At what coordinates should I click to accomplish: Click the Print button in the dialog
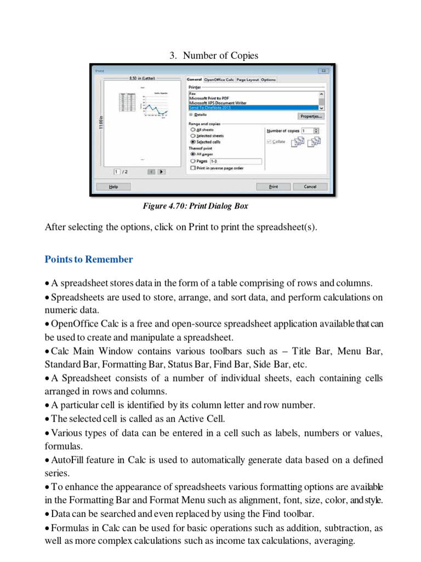tap(273, 187)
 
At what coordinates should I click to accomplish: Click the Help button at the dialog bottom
tap(113, 187)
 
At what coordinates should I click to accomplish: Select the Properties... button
tap(311, 116)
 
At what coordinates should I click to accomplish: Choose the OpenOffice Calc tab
tap(219, 80)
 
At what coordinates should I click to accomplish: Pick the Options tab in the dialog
tap(268, 80)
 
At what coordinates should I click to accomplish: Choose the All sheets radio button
tap(192, 130)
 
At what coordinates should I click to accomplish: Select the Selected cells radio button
tap(192, 142)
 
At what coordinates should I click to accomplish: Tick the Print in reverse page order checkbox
tap(192, 168)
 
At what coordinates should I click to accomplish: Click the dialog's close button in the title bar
tap(323, 71)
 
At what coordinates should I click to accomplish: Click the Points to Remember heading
tap(89, 259)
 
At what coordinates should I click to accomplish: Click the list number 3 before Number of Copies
tap(172, 55)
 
